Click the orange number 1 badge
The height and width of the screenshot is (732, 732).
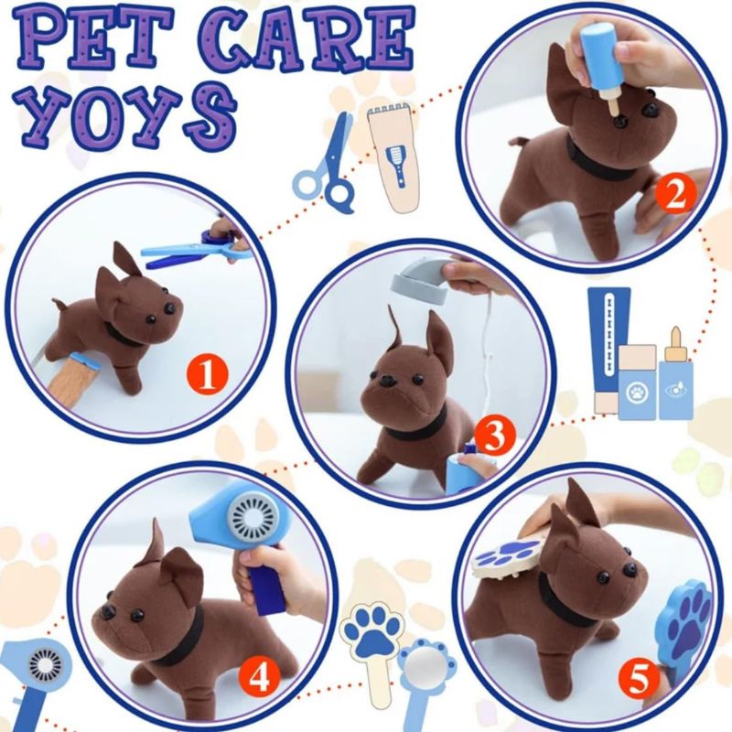tap(207, 374)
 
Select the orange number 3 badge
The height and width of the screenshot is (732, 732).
tap(494, 437)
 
